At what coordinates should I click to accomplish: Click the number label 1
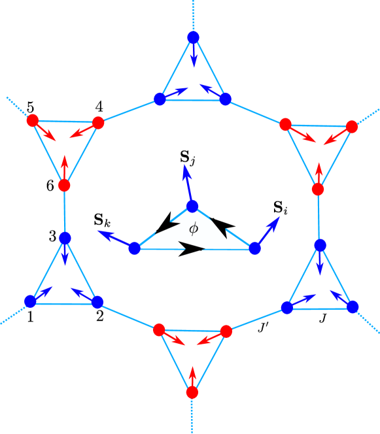30,318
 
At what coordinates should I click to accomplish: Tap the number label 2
99,316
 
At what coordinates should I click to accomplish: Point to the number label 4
99,106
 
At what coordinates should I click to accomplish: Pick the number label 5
31,106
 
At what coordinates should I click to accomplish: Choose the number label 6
50,186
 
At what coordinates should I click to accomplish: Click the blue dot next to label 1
30,301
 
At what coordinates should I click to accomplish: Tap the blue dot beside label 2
97,301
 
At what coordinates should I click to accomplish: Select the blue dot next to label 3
65,238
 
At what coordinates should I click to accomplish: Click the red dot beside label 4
98,122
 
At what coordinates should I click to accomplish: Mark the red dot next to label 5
32,120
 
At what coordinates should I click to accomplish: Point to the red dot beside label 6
64,186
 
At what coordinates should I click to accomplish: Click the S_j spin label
188,157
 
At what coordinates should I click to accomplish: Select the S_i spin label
280,209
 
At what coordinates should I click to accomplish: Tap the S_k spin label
102,220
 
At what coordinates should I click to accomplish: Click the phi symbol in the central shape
193,229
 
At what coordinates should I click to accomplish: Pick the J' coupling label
263,325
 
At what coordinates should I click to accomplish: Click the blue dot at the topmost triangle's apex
193,37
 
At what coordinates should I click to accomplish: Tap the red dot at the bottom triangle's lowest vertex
192,392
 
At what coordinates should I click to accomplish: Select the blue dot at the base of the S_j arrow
192,206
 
